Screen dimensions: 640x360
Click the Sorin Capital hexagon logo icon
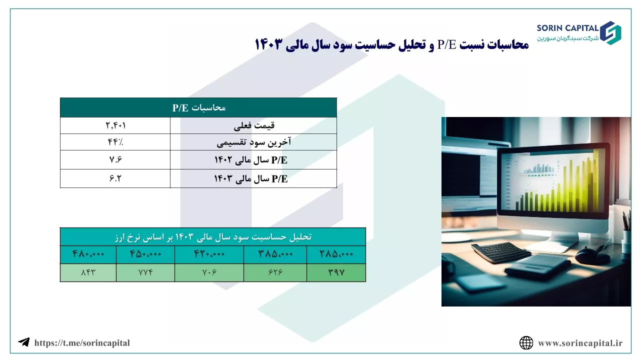pyautogui.click(x=610, y=33)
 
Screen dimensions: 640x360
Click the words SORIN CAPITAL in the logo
pyautogui.click(x=567, y=28)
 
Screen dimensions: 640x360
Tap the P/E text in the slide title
pyautogui.click(x=446, y=44)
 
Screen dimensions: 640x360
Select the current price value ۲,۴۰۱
pyautogui.click(x=115, y=125)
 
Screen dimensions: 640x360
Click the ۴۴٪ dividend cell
pyautogui.click(x=115, y=142)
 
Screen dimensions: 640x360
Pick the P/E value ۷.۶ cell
pyautogui.click(x=115, y=159)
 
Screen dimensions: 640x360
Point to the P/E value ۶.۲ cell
pyautogui.click(x=115, y=178)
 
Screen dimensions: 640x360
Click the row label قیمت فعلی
pyautogui.click(x=254, y=125)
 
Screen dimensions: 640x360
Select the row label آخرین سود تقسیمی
pyautogui.click(x=253, y=142)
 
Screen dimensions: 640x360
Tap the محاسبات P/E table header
pyautogui.click(x=199, y=107)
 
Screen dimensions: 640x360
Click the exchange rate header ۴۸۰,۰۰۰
pyautogui.click(x=88, y=254)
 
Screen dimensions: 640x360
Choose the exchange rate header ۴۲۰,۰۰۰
pyautogui.click(x=209, y=254)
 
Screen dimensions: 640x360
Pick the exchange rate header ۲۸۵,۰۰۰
pyautogui.click(x=336, y=254)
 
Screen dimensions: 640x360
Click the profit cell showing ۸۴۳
pyautogui.click(x=88, y=272)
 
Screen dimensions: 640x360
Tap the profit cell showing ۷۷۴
pyautogui.click(x=145, y=272)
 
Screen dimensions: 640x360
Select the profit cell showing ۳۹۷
pyautogui.click(x=336, y=272)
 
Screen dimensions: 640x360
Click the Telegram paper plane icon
pyautogui.click(x=24, y=342)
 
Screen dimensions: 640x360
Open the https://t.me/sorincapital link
pyautogui.click(x=82, y=343)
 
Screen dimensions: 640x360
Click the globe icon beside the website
pyautogui.click(x=526, y=343)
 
